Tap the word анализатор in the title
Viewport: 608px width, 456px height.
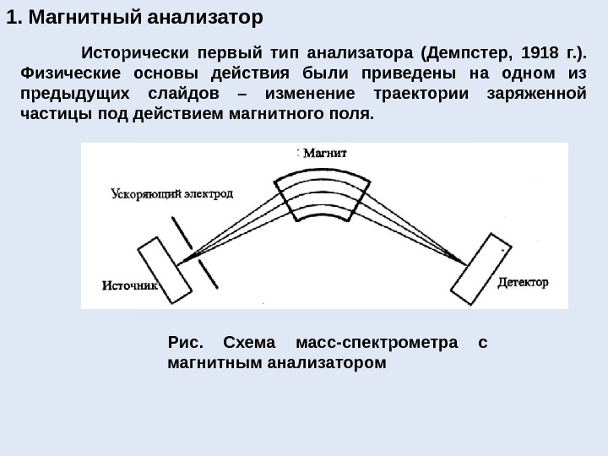coord(203,16)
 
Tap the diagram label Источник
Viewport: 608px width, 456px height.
coord(129,285)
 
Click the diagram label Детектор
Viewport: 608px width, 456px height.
coord(524,281)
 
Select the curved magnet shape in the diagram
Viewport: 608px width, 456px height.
coord(324,196)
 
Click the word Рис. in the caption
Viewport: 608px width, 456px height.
coord(187,344)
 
